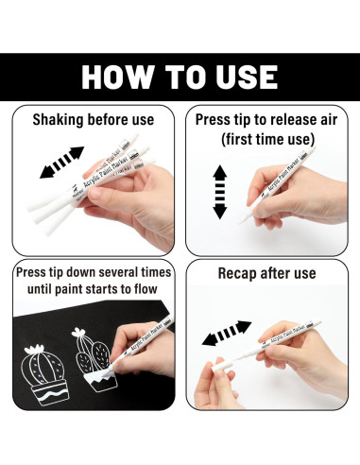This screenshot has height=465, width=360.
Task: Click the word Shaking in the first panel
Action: point(58,120)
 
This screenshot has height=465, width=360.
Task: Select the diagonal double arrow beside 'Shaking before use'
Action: point(61,162)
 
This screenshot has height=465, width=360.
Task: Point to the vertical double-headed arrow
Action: point(220,192)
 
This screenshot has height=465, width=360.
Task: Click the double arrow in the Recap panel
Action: point(227,333)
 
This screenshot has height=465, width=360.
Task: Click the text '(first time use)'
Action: point(267,139)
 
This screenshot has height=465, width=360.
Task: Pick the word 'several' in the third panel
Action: point(121,272)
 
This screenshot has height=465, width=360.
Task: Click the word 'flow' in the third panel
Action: point(146,288)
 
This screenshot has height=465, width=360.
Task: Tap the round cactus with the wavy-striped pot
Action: point(44,374)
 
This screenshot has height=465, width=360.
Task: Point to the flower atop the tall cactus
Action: point(78,332)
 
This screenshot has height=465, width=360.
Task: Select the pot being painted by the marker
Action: point(101,380)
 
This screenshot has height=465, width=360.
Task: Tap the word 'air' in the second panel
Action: point(328,120)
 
